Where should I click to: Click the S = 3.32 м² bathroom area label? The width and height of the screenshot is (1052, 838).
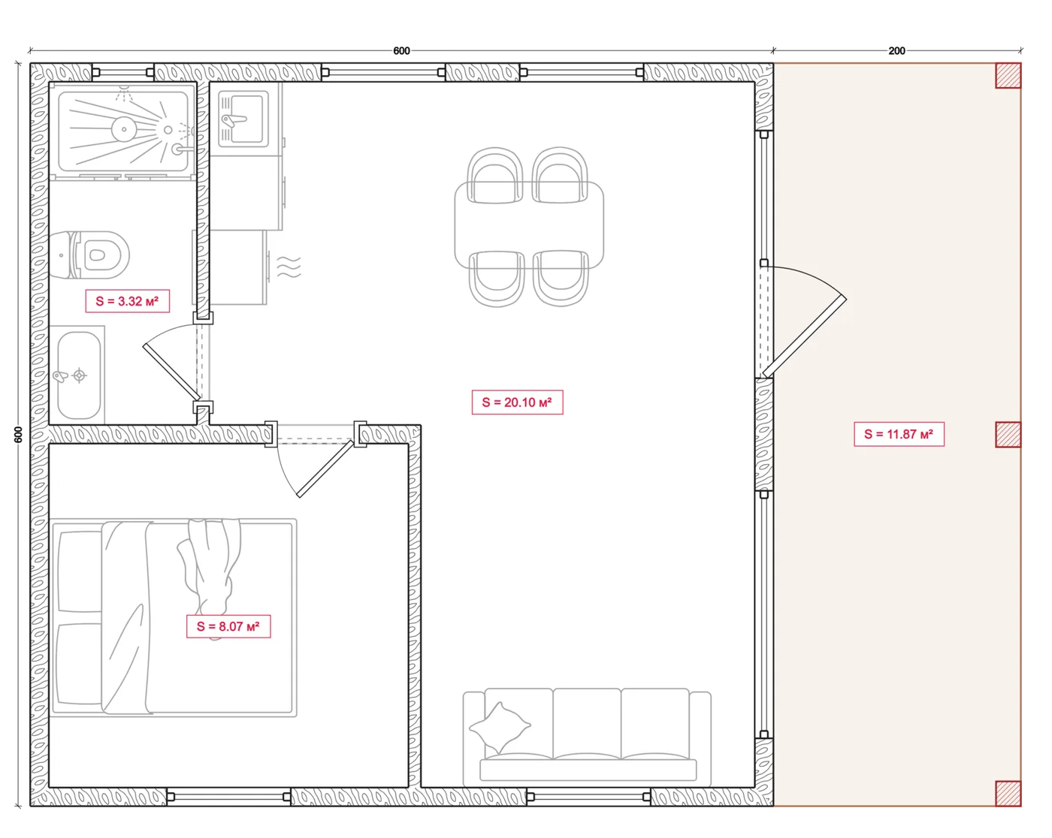(x=128, y=301)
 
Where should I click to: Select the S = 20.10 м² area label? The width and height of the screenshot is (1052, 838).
(x=517, y=402)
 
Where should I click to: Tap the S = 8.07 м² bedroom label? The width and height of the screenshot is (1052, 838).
(x=228, y=626)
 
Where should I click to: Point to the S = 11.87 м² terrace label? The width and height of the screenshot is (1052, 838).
(x=899, y=434)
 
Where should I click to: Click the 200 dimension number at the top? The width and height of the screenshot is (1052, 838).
(x=896, y=51)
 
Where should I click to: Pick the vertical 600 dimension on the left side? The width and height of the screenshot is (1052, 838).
(x=19, y=434)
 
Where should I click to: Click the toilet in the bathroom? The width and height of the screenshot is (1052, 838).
(x=89, y=255)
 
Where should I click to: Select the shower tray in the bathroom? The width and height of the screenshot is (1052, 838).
(x=123, y=131)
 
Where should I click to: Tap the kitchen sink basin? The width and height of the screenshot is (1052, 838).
(x=243, y=119)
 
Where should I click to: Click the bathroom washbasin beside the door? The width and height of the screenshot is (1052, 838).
(x=79, y=375)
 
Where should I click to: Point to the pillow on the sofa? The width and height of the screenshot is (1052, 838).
(x=500, y=727)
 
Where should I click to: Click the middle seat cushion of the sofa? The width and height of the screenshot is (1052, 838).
(x=587, y=724)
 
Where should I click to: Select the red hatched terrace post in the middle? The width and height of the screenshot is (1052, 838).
(x=1008, y=434)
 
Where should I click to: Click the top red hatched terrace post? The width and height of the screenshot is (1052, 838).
(x=1008, y=75)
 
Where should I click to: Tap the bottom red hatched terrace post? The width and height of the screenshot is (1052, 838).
(x=1008, y=794)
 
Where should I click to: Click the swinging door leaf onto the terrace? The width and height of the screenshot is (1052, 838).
(x=805, y=337)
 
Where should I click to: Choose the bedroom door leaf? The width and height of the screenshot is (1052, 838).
(x=325, y=469)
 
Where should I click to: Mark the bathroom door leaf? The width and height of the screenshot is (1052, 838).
(x=171, y=372)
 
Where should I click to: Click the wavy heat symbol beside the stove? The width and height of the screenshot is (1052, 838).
(x=289, y=267)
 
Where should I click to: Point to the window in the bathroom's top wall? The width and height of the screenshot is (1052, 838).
(x=122, y=72)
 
